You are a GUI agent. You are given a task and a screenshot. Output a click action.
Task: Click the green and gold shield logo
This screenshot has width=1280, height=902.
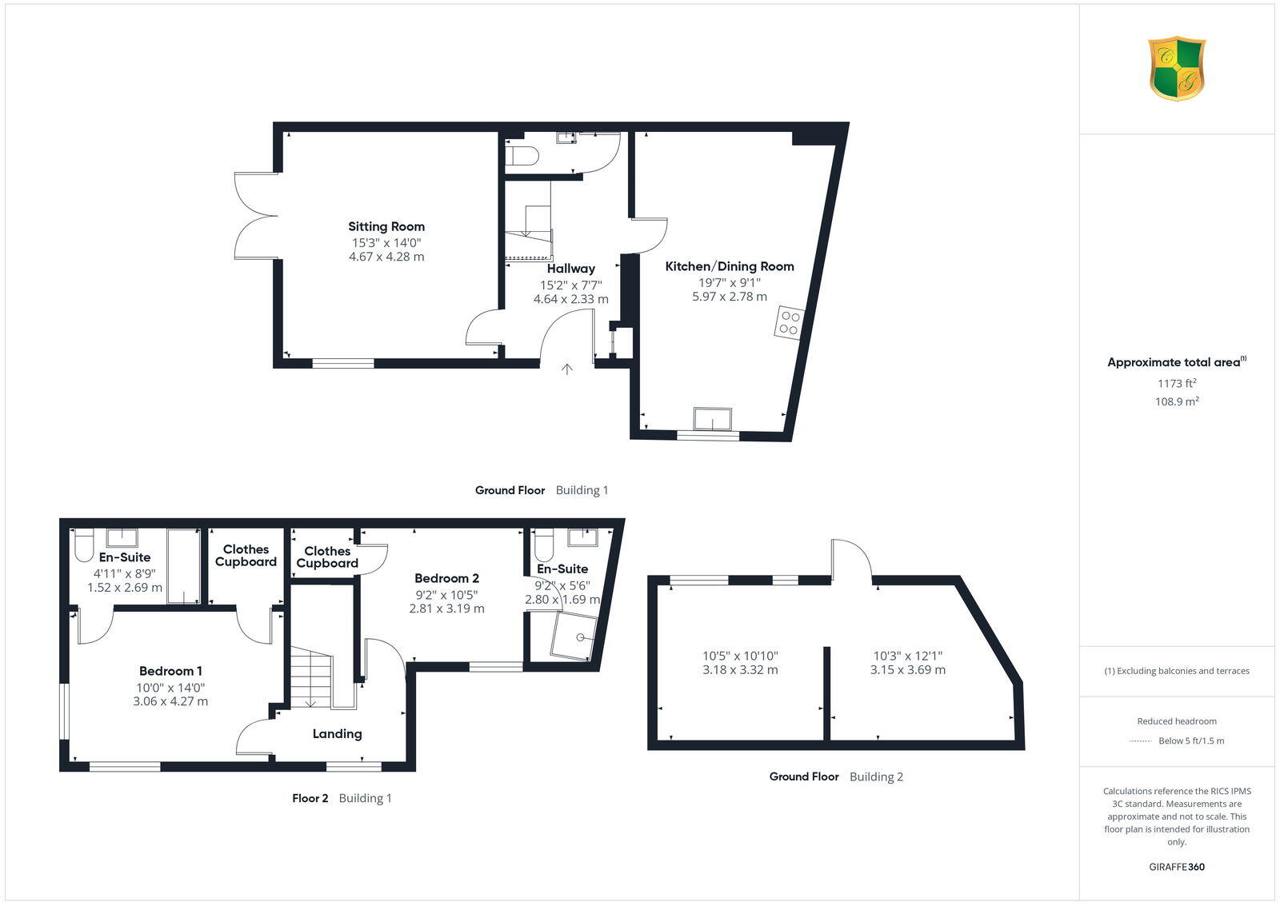pos(1177,69)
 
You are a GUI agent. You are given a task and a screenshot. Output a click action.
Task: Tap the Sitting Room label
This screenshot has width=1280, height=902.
pos(386,226)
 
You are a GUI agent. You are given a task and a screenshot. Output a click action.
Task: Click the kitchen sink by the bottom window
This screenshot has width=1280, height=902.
pos(713,419)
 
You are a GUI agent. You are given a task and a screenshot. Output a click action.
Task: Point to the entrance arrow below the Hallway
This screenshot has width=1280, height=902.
pos(567,369)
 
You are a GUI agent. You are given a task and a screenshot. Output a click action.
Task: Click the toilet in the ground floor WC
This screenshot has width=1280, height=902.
pos(522,155)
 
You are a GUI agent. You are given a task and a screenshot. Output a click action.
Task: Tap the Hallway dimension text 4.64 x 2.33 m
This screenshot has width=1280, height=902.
pos(570,299)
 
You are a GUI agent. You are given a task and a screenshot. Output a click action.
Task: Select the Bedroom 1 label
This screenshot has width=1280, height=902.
pos(170,671)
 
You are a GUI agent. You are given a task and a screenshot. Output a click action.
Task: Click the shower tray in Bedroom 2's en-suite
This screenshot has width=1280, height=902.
pos(574,636)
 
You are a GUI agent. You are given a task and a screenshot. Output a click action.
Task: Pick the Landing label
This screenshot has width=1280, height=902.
pos(337,733)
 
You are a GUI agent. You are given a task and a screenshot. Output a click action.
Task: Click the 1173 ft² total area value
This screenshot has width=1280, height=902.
pos(1176,383)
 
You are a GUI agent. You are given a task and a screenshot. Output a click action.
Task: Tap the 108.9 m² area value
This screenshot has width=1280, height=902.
pos(1176,401)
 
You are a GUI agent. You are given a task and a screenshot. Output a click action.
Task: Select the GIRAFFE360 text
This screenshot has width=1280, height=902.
pos(1176,867)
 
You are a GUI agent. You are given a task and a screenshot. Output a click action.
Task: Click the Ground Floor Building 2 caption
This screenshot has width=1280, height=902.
pos(836,776)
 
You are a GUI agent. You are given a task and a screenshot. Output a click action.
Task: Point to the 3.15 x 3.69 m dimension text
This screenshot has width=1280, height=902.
pos(907,670)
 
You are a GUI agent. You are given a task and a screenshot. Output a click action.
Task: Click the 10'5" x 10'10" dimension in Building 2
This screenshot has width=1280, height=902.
pos(740,655)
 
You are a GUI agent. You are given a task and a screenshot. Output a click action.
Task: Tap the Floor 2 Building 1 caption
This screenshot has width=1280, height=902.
pos(342,798)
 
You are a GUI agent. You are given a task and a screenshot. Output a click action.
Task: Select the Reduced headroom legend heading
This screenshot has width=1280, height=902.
pos(1176,720)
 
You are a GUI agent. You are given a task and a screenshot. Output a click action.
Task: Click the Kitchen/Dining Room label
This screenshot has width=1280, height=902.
pos(730,266)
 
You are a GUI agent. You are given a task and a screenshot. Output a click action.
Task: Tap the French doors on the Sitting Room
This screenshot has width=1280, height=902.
pos(254,216)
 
